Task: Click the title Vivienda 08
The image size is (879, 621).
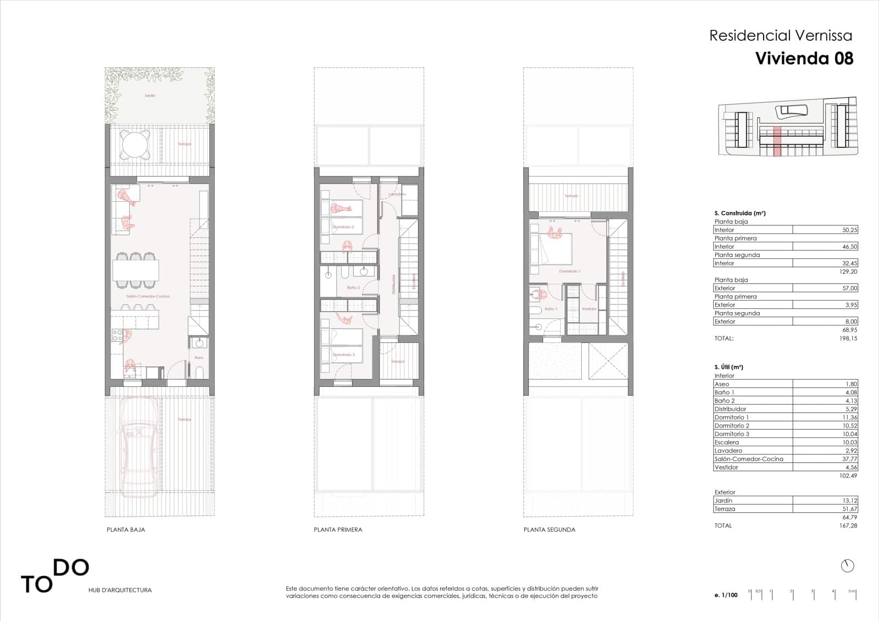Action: click(x=804, y=58)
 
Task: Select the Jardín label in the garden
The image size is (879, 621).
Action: click(x=150, y=96)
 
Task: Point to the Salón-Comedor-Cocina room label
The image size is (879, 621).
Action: click(x=148, y=296)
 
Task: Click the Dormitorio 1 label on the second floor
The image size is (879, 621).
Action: click(x=570, y=271)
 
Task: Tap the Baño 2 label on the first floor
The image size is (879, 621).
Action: click(x=353, y=287)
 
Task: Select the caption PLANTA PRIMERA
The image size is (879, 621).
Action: click(x=338, y=530)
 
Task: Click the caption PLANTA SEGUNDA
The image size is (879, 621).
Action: click(x=549, y=530)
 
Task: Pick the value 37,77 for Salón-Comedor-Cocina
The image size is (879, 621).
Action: click(x=849, y=459)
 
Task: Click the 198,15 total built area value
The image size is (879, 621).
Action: click(x=849, y=339)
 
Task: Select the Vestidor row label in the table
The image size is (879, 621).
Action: click(x=726, y=467)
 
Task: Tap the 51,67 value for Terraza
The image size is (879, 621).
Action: click(x=849, y=509)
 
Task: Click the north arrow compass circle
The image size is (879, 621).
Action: click(x=847, y=565)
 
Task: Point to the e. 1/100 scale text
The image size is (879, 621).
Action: click(x=726, y=595)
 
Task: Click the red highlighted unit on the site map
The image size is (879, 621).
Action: click(x=777, y=142)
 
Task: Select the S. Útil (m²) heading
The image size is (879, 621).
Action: click(x=728, y=367)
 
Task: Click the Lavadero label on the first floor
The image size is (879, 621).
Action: click(x=397, y=195)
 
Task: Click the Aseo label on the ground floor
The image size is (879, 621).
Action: click(x=199, y=358)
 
